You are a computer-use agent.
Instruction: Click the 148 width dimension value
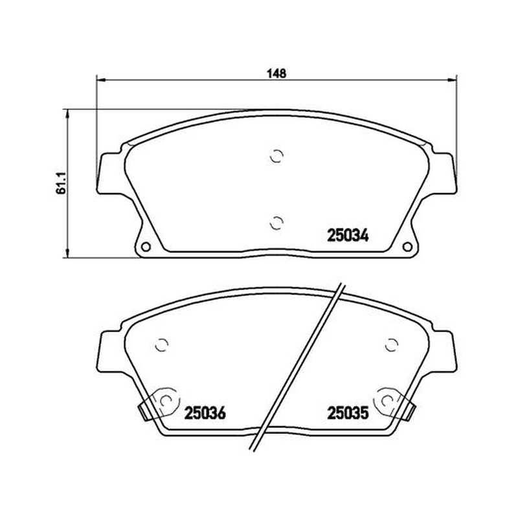tap(276, 74)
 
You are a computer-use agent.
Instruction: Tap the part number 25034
tap(348, 236)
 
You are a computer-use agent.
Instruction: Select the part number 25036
tap(205, 413)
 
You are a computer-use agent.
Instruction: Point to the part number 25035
tap(348, 413)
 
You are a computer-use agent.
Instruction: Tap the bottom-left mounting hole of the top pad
tap(146, 247)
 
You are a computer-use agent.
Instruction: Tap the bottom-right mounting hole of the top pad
tap(407, 247)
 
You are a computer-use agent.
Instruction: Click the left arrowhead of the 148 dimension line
tap(100, 80)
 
